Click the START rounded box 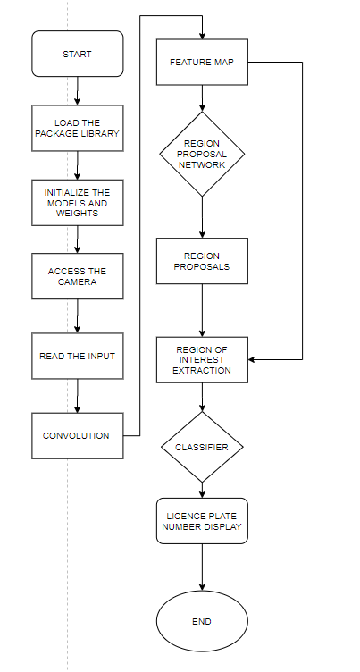click(76, 54)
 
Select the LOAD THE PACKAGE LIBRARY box click(76, 128)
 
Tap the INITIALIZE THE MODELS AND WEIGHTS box click(76, 201)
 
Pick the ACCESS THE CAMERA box click(76, 275)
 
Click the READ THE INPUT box click(76, 356)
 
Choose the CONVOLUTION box click(76, 435)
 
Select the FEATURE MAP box click(202, 63)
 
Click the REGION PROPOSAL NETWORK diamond click(202, 153)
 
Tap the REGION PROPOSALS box click(202, 261)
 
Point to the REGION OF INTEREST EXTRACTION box click(202, 360)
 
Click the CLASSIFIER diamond click(202, 444)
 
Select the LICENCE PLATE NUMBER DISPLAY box click(202, 521)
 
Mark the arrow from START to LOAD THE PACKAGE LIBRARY click(77, 90)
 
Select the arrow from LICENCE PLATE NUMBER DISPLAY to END click(202, 567)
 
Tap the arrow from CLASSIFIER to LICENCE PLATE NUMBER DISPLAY click(202, 488)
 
